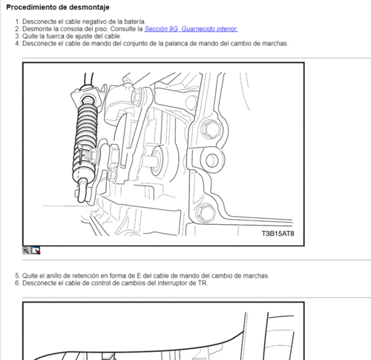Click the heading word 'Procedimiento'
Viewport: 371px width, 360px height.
pos(31,7)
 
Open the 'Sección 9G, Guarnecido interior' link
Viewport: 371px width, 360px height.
pos(191,29)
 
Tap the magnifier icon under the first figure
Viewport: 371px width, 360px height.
pos(27,251)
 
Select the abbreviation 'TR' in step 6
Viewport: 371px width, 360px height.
pos(202,283)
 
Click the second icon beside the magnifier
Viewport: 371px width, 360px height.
pos(36,251)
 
